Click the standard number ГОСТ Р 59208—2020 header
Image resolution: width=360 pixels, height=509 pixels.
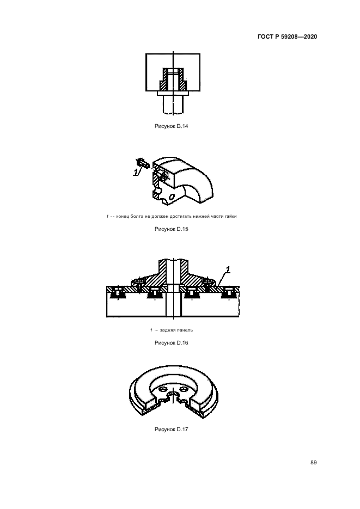click(x=287, y=36)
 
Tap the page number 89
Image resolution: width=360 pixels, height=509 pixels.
click(x=314, y=462)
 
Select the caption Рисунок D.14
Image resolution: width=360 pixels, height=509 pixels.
click(x=172, y=126)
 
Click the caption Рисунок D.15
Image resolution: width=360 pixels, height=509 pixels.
click(x=172, y=229)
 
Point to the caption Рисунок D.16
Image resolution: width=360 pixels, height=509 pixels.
click(x=172, y=342)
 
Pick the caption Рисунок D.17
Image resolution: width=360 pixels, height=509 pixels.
click(x=172, y=429)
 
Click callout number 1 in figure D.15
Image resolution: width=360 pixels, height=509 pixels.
click(x=136, y=171)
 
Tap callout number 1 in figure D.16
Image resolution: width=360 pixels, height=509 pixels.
click(x=228, y=269)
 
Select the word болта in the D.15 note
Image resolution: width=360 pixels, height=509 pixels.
click(x=136, y=216)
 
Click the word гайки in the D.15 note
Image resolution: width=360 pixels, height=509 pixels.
click(x=230, y=216)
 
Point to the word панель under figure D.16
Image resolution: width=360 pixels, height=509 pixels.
click(x=185, y=330)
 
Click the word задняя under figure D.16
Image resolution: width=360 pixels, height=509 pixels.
click(x=168, y=330)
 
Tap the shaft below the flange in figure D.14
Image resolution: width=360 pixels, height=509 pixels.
click(x=173, y=104)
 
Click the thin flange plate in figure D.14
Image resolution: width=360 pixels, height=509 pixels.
click(x=173, y=93)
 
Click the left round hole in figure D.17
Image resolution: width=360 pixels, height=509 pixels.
click(x=162, y=389)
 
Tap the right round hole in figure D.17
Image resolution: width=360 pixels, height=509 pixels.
click(x=185, y=389)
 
